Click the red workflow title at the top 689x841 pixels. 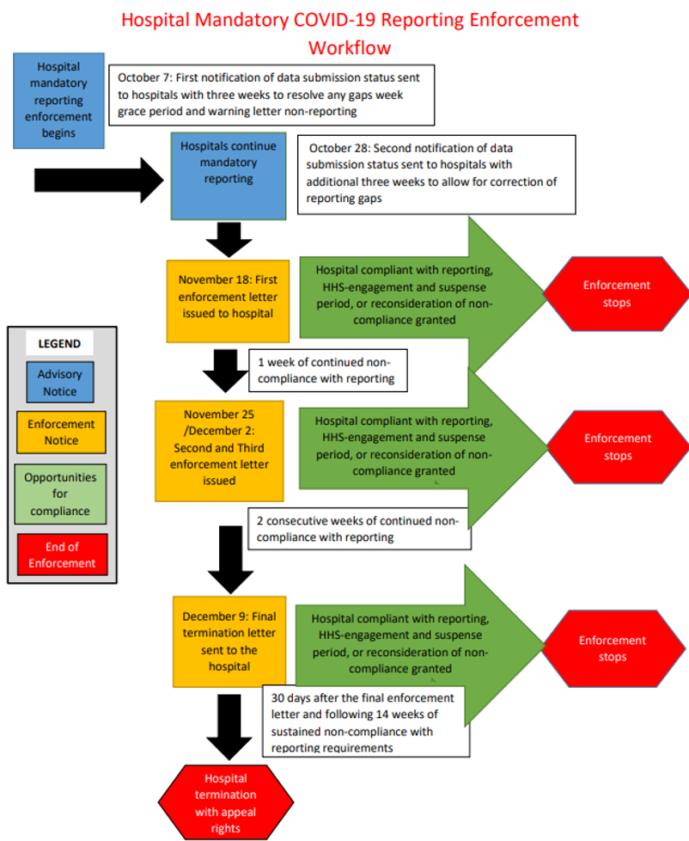350,33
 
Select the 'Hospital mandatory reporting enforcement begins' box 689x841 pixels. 58,100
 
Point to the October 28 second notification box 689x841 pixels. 436,173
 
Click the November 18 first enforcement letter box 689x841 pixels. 229,297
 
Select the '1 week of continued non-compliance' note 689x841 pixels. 327,370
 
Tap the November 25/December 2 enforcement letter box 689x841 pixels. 219,449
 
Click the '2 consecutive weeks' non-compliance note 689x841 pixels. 358,528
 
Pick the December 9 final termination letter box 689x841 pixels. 229,641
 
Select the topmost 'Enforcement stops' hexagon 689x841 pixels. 617,294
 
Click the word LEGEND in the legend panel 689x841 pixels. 59,343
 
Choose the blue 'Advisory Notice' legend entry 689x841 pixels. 59,383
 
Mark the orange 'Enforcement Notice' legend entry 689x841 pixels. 61,432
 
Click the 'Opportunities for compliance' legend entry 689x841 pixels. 60,494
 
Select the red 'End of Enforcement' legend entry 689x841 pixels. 61,555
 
